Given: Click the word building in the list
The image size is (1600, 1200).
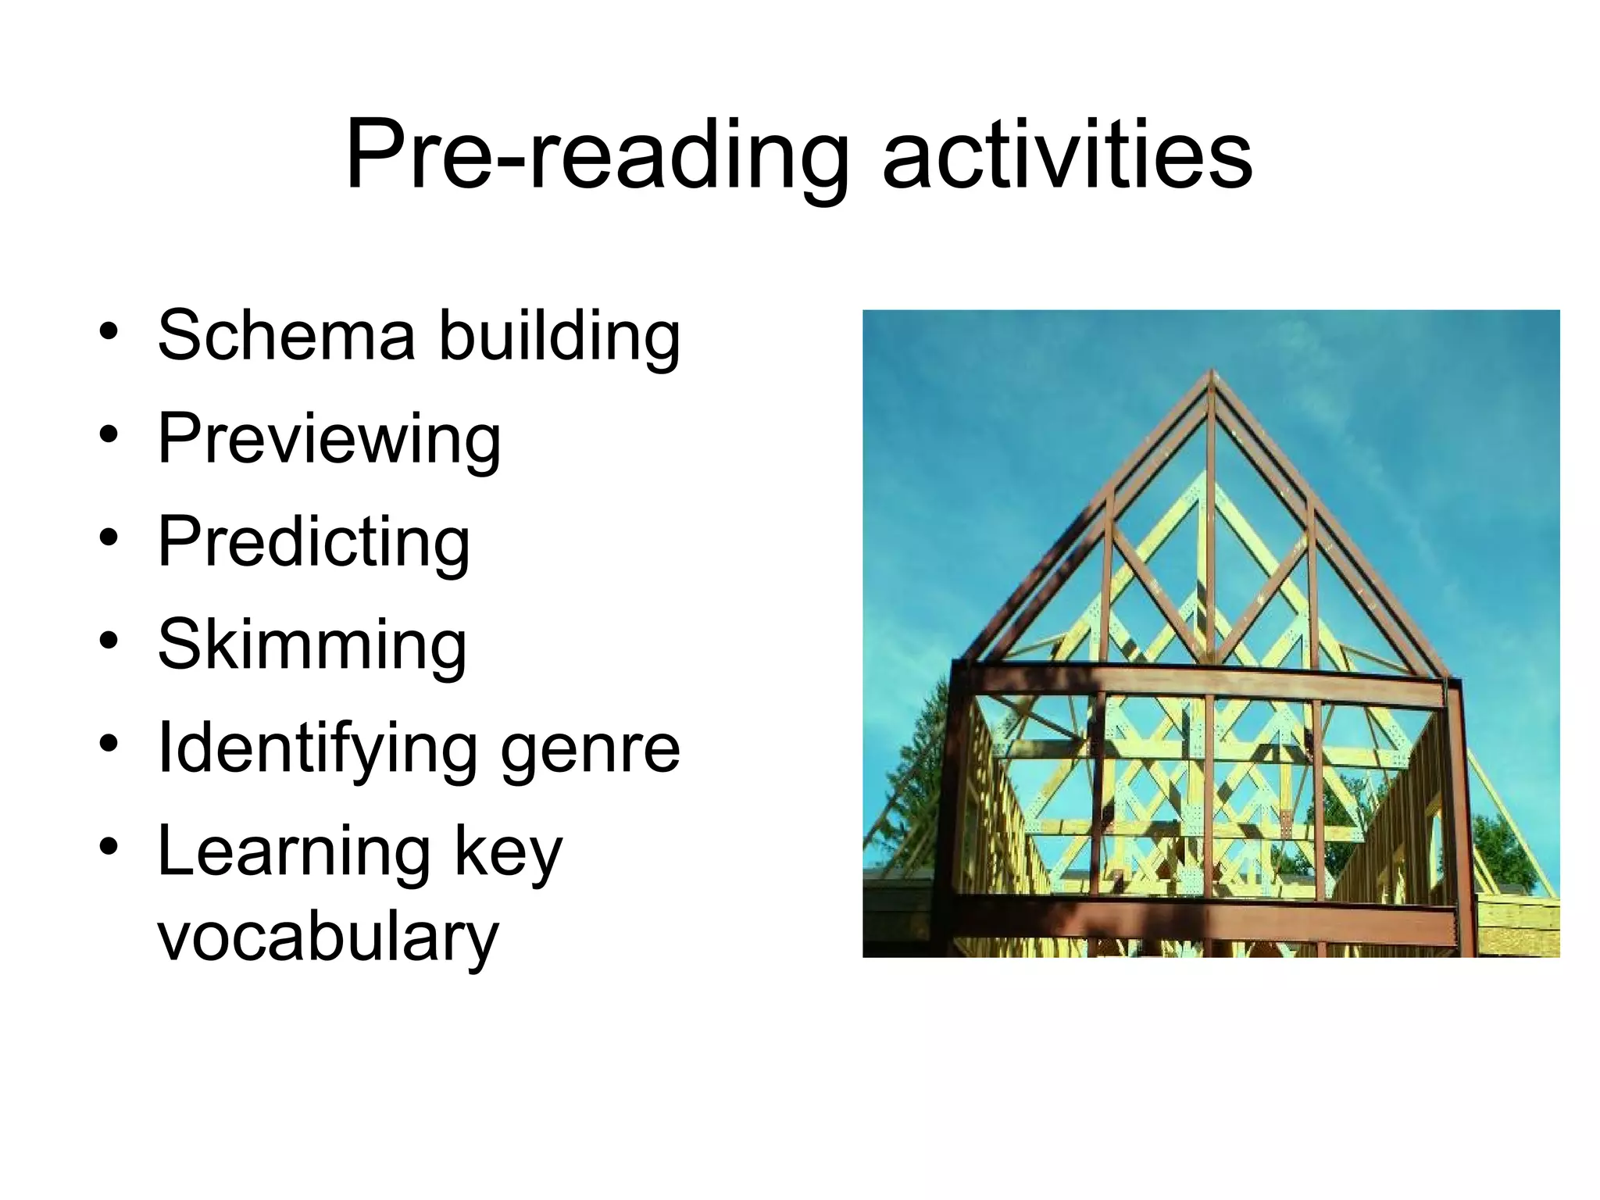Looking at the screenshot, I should [559, 336].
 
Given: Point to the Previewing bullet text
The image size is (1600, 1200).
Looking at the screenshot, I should [329, 439].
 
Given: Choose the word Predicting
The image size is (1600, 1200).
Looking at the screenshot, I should [314, 542].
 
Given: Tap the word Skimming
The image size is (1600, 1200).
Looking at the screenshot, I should [312, 645].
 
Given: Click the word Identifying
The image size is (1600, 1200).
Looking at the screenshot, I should [317, 748].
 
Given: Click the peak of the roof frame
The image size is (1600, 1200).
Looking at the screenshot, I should [1211, 373].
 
